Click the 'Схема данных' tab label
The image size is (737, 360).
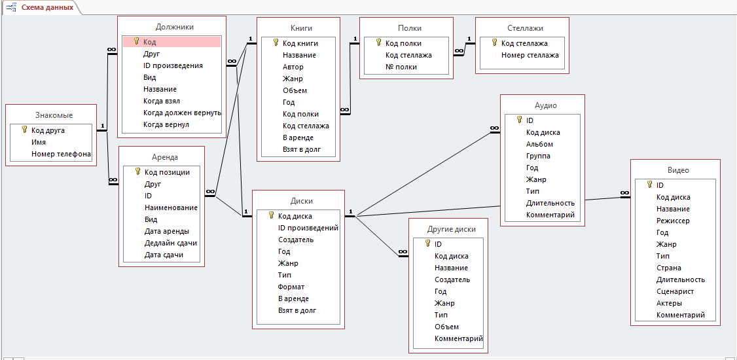[x=46, y=7]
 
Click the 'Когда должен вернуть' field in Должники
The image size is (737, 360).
[x=182, y=113]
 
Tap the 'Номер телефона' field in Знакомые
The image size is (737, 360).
[x=61, y=154]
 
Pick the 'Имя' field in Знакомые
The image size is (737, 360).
[x=39, y=142]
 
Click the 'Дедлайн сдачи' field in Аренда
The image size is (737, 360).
[x=170, y=243]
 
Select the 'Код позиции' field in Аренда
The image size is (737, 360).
[x=167, y=172]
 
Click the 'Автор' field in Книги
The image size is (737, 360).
[x=293, y=67]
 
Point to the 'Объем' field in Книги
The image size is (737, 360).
[x=295, y=90]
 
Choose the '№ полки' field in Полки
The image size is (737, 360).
[x=401, y=67]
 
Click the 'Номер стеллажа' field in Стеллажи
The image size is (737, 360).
[x=530, y=55]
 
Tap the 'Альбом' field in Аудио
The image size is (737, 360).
[x=539, y=144]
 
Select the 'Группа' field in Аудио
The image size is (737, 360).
[x=538, y=156]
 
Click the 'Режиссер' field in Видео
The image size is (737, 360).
[x=673, y=221]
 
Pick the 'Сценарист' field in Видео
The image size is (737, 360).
[x=675, y=291]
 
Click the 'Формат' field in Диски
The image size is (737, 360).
[x=291, y=287]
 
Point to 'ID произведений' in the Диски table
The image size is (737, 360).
[x=308, y=228]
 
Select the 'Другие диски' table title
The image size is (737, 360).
[x=451, y=228]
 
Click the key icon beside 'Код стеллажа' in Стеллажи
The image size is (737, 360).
[x=494, y=43]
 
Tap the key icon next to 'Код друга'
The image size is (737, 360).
[x=24, y=130]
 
